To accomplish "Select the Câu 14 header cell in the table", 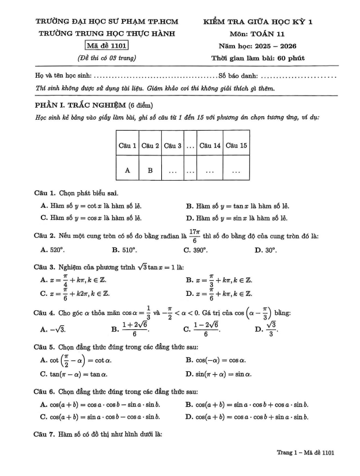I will pos(210,146).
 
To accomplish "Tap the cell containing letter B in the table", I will pos(150,170).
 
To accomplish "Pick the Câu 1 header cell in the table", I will pos(127,146).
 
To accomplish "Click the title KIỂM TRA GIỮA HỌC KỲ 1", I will pos(257,22).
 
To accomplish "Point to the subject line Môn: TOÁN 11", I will pos(257,34).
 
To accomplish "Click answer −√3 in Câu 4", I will pos(57,329).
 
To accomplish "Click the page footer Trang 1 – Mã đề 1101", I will pos(305,453).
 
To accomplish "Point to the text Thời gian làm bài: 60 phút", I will pos(257,58).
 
